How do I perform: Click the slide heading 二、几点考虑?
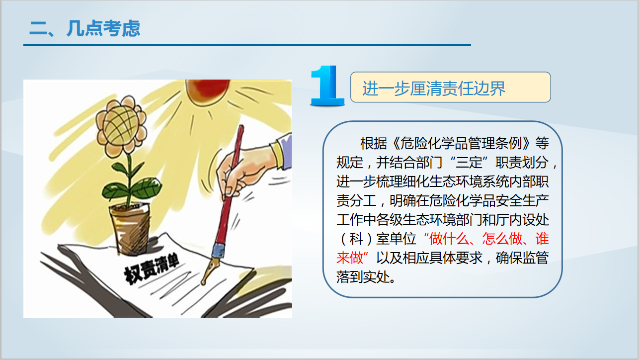point(85,28)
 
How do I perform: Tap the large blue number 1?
point(327,86)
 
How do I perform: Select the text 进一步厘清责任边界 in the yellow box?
point(434,88)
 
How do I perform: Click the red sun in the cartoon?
point(207,90)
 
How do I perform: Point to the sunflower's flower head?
point(121,124)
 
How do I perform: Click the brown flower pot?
point(130,228)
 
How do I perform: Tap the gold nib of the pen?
point(210,270)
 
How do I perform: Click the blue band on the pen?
point(219,251)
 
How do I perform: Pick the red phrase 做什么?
point(449,239)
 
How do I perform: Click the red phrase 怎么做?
point(502,239)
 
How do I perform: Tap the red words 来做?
point(349,258)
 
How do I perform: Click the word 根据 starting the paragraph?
point(374,143)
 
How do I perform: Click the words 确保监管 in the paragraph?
point(522,258)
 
